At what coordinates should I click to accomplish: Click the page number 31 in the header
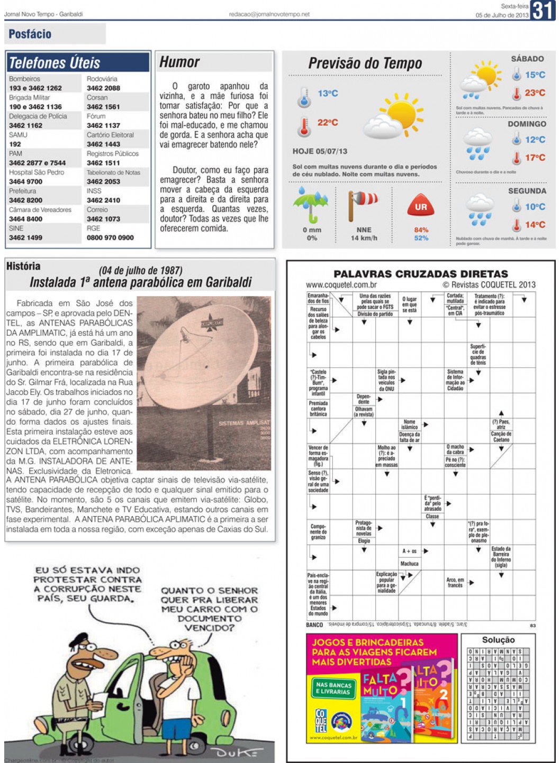coord(544,10)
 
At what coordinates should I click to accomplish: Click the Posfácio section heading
coord(30,34)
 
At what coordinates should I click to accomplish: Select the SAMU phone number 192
coord(15,144)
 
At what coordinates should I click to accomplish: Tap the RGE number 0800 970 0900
coord(110,237)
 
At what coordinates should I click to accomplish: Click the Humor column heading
coord(179,62)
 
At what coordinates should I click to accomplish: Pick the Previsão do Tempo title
coord(365,63)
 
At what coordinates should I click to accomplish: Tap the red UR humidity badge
coord(421,206)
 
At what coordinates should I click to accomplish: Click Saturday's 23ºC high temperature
coord(535,93)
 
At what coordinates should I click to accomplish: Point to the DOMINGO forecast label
coord(527,124)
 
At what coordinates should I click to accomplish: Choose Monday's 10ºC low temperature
coord(535,207)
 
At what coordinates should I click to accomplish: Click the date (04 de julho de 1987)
coord(140,271)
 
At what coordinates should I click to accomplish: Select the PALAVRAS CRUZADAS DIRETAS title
coord(420,274)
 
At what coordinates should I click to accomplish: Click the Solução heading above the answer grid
coord(498,640)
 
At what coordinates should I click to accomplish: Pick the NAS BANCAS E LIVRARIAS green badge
coord(333,688)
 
